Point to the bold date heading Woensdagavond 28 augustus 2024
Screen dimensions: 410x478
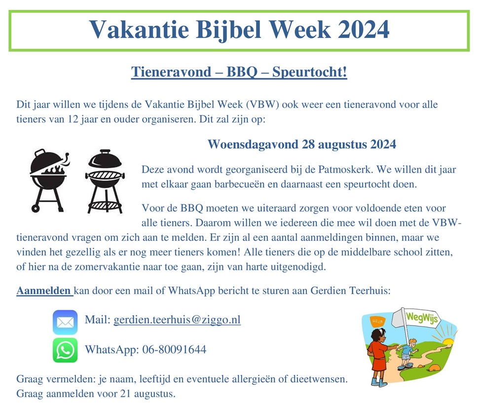pyautogui.click(x=301, y=145)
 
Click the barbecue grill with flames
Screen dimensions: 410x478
pyautogui.click(x=48, y=180)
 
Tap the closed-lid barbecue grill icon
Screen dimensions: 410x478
pyautogui.click(x=104, y=181)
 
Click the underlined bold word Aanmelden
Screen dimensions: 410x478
pyautogui.click(x=44, y=291)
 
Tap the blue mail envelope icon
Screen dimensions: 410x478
pyautogui.click(x=65, y=322)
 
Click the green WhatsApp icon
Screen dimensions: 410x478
pyautogui.click(x=65, y=350)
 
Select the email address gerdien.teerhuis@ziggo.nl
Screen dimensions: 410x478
pyautogui.click(x=177, y=320)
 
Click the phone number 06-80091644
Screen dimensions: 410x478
pyautogui.click(x=174, y=350)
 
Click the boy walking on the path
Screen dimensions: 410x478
pyautogui.click(x=406, y=352)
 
